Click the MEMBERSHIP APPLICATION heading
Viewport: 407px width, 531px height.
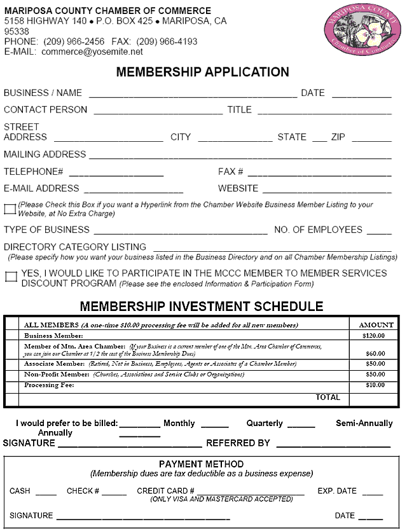202,72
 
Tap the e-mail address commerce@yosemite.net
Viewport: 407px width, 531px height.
92,52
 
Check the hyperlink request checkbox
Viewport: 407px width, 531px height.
10,209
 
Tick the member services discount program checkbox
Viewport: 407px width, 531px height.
11,277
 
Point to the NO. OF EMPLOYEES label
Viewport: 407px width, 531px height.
318,230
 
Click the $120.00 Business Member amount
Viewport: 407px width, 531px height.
373,335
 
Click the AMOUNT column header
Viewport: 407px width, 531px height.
376,324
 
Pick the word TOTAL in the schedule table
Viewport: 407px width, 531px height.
328,397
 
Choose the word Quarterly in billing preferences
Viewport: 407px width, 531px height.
265,423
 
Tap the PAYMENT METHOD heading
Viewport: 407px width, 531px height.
201,464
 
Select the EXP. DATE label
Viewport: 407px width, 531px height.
337,491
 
